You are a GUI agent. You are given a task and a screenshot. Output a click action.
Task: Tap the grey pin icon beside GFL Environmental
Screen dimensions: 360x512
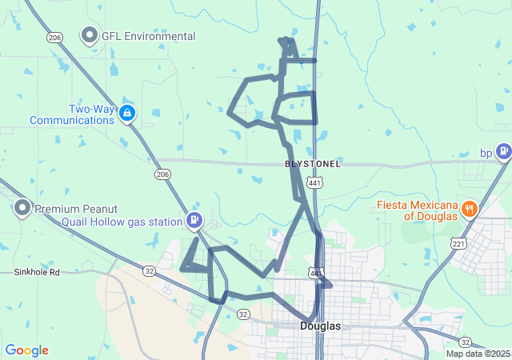pyautogui.click(x=90, y=36)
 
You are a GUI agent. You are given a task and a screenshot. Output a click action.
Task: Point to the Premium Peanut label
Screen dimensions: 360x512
pyautogui.click(x=72, y=209)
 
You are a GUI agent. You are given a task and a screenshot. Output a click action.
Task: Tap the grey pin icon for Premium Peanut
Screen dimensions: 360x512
pyautogui.click(x=22, y=209)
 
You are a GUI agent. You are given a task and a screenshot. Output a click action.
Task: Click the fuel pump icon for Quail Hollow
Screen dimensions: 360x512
pyautogui.click(x=194, y=219)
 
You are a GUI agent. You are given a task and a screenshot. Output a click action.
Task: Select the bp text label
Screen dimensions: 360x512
pyautogui.click(x=486, y=152)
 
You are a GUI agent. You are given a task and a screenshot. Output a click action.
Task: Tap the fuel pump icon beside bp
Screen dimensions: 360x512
pyautogui.click(x=503, y=150)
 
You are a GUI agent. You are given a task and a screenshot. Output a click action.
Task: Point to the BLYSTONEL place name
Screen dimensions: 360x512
pyautogui.click(x=313, y=164)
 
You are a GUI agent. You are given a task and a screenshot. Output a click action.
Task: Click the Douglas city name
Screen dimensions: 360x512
pyautogui.click(x=321, y=326)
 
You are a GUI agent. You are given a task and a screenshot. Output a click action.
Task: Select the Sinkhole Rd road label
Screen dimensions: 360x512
pyautogui.click(x=37, y=272)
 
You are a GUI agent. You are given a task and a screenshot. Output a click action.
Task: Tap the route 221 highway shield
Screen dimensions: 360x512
pyautogui.click(x=458, y=243)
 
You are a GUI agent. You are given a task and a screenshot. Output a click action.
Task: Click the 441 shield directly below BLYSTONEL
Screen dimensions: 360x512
pyautogui.click(x=315, y=183)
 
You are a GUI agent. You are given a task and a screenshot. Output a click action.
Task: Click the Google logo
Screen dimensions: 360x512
pyautogui.click(x=26, y=350)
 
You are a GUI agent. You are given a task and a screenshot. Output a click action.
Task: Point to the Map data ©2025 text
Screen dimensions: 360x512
pyautogui.click(x=478, y=354)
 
